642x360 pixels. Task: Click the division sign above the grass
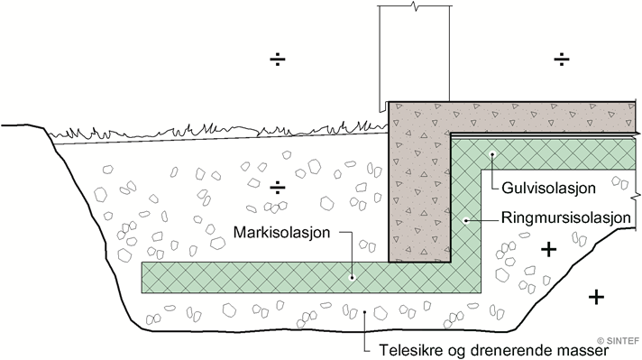pos(279,60)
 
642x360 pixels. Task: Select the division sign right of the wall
pos(562,60)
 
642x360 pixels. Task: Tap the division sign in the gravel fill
pos(279,188)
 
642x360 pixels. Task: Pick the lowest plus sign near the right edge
pos(595,296)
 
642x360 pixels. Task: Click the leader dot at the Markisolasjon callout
pos(353,277)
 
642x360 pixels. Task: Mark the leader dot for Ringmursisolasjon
pos(465,218)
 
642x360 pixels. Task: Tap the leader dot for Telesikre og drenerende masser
pos(364,313)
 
